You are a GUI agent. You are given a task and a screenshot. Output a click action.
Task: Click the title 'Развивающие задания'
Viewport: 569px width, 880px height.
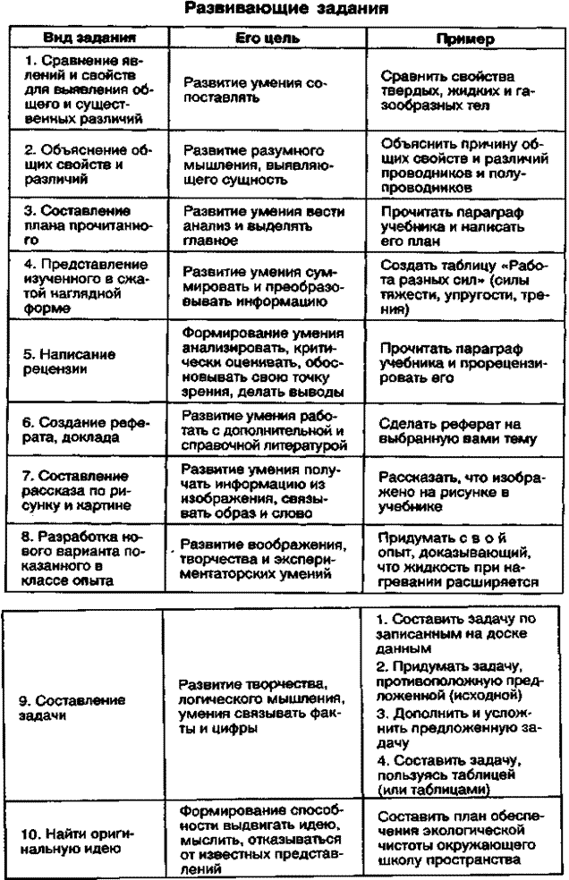(x=285, y=12)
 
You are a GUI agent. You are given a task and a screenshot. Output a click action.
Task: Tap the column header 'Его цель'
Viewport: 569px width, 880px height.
(x=261, y=40)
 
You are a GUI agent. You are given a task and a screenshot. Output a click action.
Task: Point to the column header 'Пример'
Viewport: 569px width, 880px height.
(x=457, y=40)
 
